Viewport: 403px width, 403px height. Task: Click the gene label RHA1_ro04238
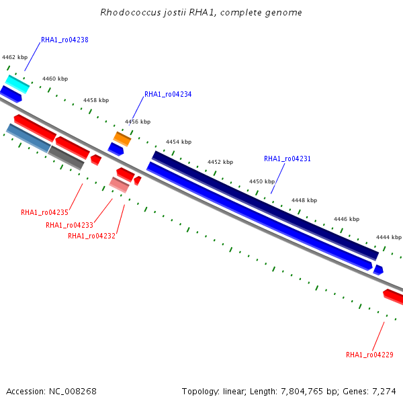pos(64,40)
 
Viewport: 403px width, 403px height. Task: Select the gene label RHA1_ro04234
pos(168,95)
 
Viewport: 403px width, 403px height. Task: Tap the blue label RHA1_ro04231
pos(287,159)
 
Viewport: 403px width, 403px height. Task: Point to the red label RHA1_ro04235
pos(44,213)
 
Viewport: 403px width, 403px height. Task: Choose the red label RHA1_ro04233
pos(69,226)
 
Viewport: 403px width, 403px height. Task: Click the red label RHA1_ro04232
pos(91,236)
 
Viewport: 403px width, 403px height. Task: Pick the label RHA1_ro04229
pos(369,355)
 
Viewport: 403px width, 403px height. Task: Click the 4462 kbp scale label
pos(15,58)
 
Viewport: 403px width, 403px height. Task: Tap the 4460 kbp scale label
pos(55,79)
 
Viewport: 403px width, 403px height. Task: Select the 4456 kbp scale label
pos(138,122)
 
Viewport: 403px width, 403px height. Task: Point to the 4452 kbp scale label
pos(220,163)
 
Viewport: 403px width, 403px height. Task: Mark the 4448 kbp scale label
pos(304,200)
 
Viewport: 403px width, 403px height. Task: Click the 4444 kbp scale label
pos(388,238)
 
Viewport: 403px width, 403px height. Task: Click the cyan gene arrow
pos(17,85)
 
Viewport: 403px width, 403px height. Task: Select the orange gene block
pos(122,139)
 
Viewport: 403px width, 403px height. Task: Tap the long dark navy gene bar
pos(265,206)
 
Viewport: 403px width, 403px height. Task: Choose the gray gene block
pos(66,158)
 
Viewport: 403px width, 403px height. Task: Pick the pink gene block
pos(120,185)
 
